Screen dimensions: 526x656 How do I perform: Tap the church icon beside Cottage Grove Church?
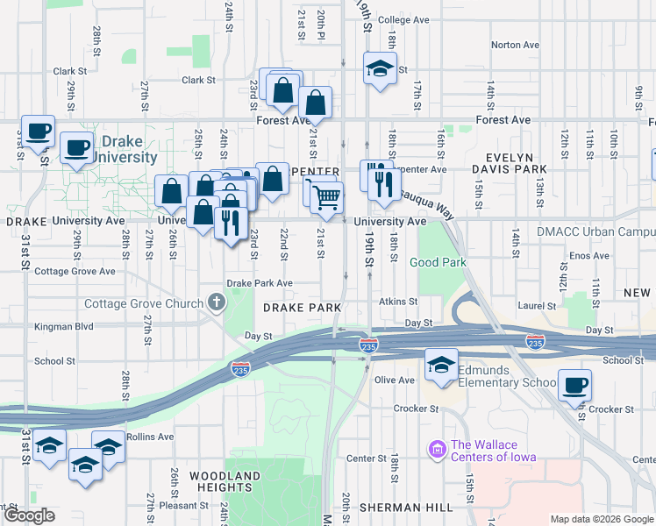(x=217, y=303)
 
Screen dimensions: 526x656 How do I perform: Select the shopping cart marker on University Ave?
(x=326, y=199)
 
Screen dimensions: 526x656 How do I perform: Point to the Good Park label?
(x=438, y=262)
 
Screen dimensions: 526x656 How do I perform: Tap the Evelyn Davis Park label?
(x=498, y=168)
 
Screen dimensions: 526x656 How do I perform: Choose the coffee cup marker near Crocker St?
(x=574, y=385)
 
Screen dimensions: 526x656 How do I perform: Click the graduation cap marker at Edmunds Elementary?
(x=440, y=364)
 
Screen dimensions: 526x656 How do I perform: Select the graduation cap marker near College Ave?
(x=378, y=69)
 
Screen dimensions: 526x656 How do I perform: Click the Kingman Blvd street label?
(x=63, y=326)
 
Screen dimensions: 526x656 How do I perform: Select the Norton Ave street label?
(x=515, y=45)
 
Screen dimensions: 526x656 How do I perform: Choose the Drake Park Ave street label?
(x=260, y=283)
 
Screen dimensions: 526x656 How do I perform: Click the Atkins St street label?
(x=398, y=302)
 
